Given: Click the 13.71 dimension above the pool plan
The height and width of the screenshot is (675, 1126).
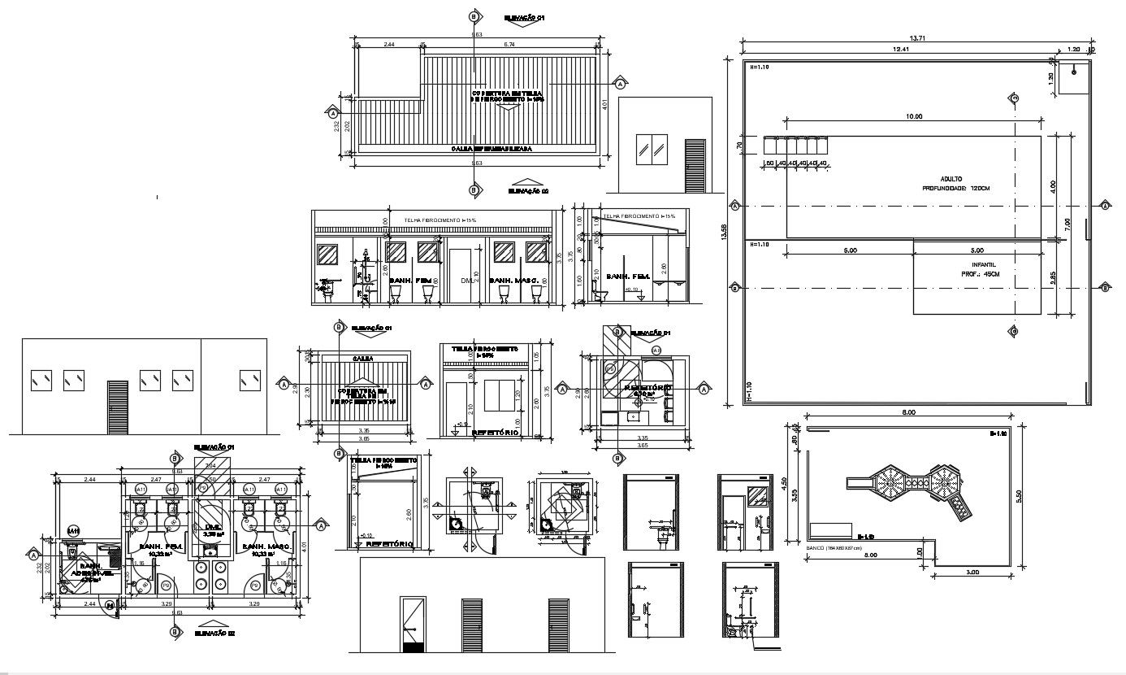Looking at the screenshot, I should point(918,38).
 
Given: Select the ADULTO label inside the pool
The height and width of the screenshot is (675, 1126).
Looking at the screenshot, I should point(951,178).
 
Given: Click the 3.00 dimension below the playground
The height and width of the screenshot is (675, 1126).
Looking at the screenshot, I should point(972,573).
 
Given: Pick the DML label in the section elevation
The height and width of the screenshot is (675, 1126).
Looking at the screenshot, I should point(466,281).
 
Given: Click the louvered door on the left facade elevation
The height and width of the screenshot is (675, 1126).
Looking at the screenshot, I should point(119,407).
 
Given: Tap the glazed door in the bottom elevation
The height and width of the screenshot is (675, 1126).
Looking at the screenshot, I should point(414,625).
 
